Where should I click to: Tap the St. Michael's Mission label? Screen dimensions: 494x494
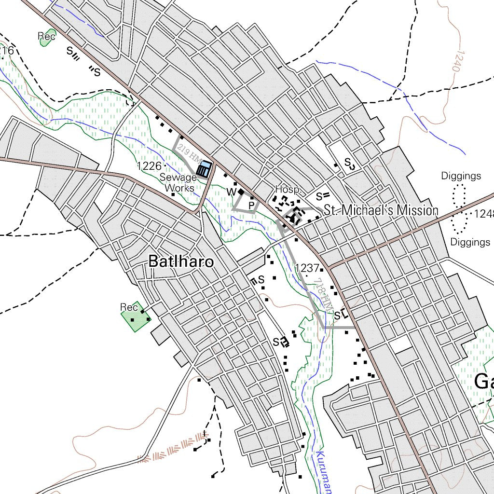pyautogui.click(x=381, y=210)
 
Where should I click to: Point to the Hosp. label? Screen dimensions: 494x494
pyautogui.click(x=288, y=189)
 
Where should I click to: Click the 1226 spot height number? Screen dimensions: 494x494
pyautogui.click(x=148, y=166)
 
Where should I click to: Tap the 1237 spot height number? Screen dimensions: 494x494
pyautogui.click(x=307, y=268)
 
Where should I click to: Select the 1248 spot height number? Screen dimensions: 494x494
pyautogui.click(x=483, y=213)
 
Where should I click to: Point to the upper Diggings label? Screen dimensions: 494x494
pyautogui.click(x=461, y=176)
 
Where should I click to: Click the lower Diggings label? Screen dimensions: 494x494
pyautogui.click(x=470, y=242)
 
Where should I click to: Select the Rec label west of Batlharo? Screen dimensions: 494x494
pyautogui.click(x=129, y=307)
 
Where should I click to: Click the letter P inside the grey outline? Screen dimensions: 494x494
pyautogui.click(x=251, y=206)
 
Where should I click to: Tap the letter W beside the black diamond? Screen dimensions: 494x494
pyautogui.click(x=231, y=192)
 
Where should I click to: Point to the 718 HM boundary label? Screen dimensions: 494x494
pyautogui.click(x=323, y=296)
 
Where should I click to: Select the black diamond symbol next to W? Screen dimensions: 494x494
pyautogui.click(x=241, y=192)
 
